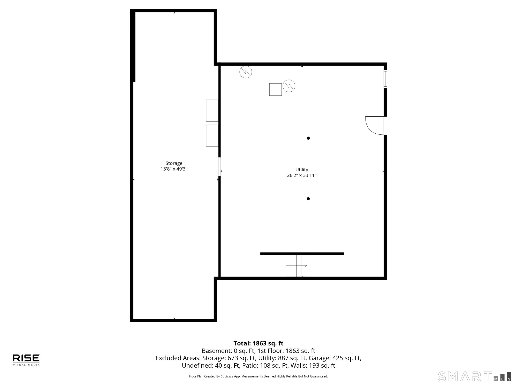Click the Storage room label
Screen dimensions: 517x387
(x=174, y=163)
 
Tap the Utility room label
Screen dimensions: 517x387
(x=302, y=170)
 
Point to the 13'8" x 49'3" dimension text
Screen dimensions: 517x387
(x=174, y=169)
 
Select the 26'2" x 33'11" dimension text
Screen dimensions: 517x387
(x=302, y=175)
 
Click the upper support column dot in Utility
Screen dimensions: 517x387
(x=308, y=138)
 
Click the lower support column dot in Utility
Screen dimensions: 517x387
(x=308, y=199)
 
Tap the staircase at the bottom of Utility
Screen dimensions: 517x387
(x=296, y=265)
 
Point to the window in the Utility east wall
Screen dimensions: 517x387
(x=385, y=79)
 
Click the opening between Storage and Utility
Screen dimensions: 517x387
(x=219, y=167)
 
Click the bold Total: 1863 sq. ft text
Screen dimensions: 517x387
(x=258, y=343)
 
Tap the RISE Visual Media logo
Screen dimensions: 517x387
(x=26, y=360)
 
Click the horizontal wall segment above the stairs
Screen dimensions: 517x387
(x=302, y=254)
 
